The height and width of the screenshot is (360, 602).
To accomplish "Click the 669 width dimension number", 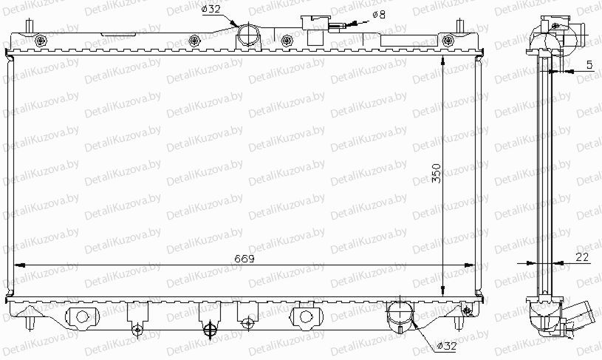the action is tap(244, 259).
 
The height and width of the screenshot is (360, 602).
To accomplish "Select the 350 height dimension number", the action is tap(437, 173).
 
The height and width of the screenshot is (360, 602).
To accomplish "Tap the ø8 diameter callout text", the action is tap(378, 15).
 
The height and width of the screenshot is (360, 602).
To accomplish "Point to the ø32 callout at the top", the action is tap(211, 9).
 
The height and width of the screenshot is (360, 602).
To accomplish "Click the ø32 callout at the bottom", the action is tap(447, 346).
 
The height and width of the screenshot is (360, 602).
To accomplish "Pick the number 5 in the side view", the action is tap(589, 65).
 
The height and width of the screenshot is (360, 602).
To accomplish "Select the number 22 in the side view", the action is tap(582, 257).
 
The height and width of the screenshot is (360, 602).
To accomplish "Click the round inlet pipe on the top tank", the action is tap(249, 35).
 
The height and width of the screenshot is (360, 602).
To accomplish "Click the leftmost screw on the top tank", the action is tap(41, 41).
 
